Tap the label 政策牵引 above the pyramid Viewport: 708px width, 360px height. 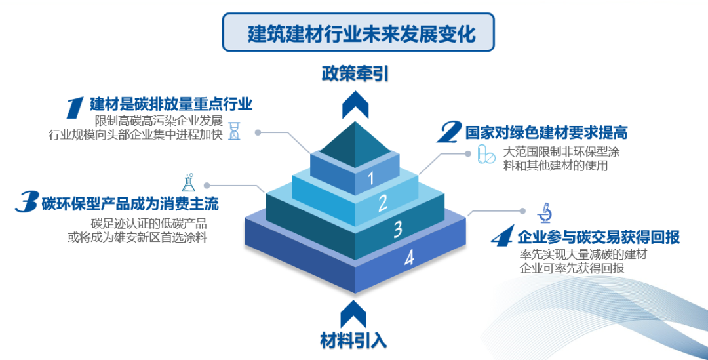pyautogui.click(x=355, y=73)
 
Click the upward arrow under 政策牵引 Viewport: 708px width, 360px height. pyautogui.click(x=355, y=104)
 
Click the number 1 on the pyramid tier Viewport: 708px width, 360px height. pyautogui.click(x=370, y=178)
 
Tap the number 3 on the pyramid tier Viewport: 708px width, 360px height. pyautogui.click(x=397, y=230)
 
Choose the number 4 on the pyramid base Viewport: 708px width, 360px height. pyautogui.click(x=409, y=258)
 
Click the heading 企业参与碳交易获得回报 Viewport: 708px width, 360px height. pyautogui.click(x=598, y=237)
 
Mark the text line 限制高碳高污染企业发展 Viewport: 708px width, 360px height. pyautogui.click(x=159, y=121)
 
